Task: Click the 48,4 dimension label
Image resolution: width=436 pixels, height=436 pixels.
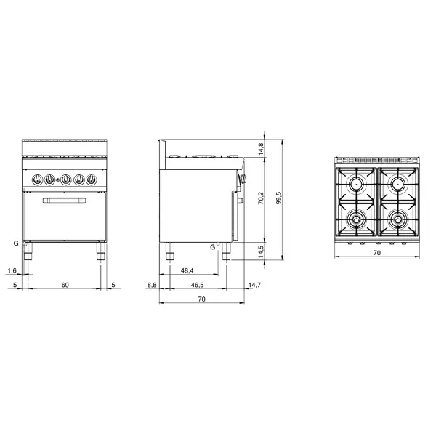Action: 187,270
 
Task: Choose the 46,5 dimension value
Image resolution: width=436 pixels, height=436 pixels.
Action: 195,285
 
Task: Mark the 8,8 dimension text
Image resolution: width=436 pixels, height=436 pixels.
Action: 151,285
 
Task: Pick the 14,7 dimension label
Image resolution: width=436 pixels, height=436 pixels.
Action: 254,285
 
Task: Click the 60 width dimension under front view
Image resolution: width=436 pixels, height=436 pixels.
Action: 65,285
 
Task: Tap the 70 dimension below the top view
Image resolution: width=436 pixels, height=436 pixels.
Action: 376,254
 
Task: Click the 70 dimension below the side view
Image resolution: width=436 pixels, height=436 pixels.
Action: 201,299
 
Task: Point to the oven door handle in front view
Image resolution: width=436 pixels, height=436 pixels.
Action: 65,201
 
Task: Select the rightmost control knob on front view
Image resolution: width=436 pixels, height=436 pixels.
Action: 92,179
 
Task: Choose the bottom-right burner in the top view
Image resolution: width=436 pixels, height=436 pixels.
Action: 397,217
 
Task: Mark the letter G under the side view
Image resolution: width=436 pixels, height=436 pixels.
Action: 212,247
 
